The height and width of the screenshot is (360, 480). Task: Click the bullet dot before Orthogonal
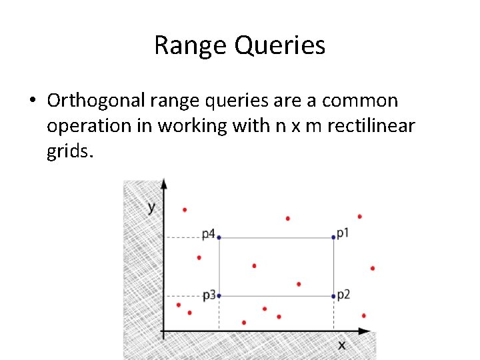(x=31, y=101)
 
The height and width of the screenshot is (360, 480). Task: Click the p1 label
(x=343, y=233)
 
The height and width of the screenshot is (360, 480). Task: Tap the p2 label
(x=343, y=294)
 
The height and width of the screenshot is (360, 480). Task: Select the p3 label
(x=209, y=294)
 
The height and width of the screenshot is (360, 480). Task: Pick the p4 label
(x=209, y=234)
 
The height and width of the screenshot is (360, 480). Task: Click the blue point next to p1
(x=333, y=237)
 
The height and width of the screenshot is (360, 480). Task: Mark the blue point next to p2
(x=333, y=296)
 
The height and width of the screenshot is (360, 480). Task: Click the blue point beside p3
(x=219, y=296)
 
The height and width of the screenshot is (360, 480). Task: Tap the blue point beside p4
(x=219, y=237)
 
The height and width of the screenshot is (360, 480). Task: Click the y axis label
(x=151, y=206)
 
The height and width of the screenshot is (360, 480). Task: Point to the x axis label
(x=341, y=345)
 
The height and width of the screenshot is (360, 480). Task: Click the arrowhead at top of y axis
(x=163, y=185)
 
